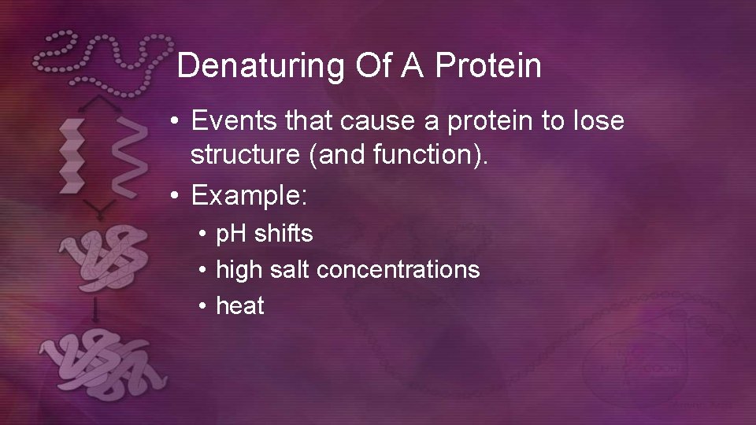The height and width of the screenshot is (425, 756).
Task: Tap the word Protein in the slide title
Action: tap(488, 66)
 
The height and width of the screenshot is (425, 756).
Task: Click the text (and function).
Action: tap(400, 155)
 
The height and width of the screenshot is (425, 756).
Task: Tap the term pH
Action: tap(232, 234)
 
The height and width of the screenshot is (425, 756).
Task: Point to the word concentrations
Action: tap(398, 270)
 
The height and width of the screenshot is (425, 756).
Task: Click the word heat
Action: tap(240, 305)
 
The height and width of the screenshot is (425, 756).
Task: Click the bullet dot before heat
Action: tap(202, 306)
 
